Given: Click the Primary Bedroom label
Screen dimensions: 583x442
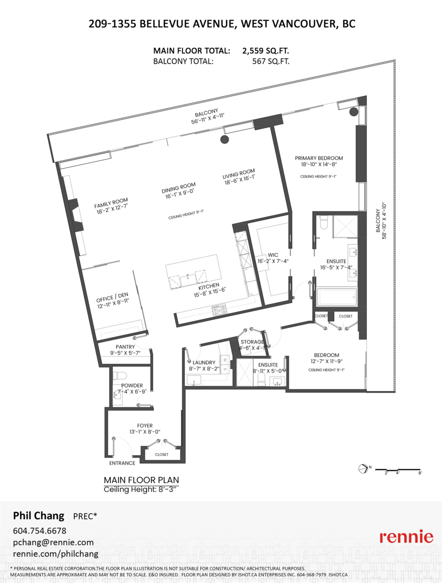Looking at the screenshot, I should pos(318,158).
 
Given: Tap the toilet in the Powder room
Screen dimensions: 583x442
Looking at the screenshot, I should pos(120,376).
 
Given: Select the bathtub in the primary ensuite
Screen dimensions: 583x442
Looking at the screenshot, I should pos(336,297).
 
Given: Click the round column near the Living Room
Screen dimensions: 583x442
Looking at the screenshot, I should pos(224,139).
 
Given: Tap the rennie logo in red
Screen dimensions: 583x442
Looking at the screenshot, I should pos(406,537).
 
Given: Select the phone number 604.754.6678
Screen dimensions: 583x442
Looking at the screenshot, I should pos(39,531).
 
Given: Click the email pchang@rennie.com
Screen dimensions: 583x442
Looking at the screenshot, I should pos(53,542).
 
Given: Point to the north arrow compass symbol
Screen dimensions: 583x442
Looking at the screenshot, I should pos(363,468).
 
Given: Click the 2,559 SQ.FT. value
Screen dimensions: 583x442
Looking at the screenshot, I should pos(266,51).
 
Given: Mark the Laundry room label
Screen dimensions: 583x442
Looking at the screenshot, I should pos(200,362).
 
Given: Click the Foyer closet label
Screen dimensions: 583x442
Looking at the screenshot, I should pos(161,455).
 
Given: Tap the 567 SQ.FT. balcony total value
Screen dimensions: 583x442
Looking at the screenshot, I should pos(266,61).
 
